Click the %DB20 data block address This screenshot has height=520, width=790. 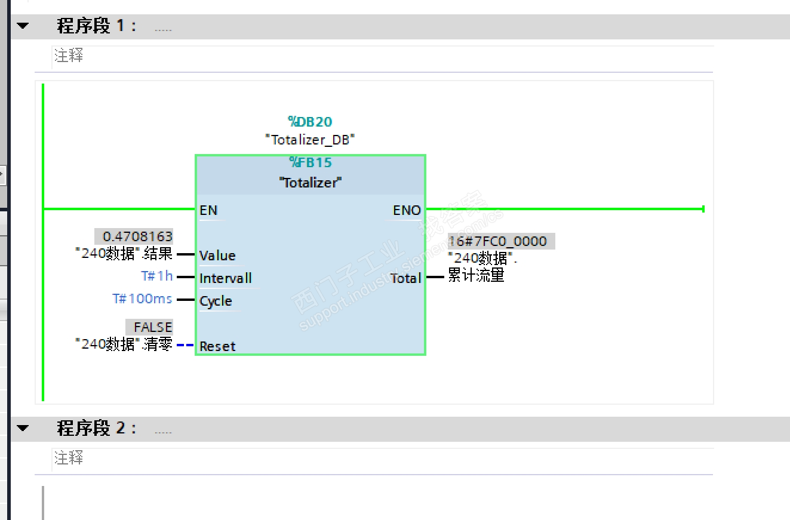click(x=310, y=122)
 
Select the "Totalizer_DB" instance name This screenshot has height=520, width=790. click(x=310, y=140)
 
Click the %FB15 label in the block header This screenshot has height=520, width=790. click(x=311, y=162)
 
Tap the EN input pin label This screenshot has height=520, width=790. click(x=208, y=210)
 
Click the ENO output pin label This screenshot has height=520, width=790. click(x=407, y=210)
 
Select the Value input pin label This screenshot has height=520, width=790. click(x=217, y=256)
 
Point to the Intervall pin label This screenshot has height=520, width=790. click(x=226, y=278)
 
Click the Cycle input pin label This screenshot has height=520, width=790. click(x=216, y=301)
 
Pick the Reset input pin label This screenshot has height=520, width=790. click(x=217, y=346)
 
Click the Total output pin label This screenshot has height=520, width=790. click(x=405, y=278)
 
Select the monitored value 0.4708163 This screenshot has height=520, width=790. click(x=137, y=236)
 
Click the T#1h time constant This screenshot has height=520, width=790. click(x=157, y=276)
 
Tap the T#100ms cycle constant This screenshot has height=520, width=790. click(x=142, y=299)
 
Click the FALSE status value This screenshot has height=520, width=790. click(x=153, y=327)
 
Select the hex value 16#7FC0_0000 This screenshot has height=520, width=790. click(x=497, y=241)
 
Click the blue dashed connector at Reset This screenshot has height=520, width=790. click(x=185, y=345)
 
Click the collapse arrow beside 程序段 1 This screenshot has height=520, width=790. click(x=23, y=26)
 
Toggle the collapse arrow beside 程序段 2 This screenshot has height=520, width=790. click(x=23, y=428)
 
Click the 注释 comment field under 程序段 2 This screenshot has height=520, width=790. click(x=383, y=459)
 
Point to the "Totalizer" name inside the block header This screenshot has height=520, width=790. click(x=311, y=183)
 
